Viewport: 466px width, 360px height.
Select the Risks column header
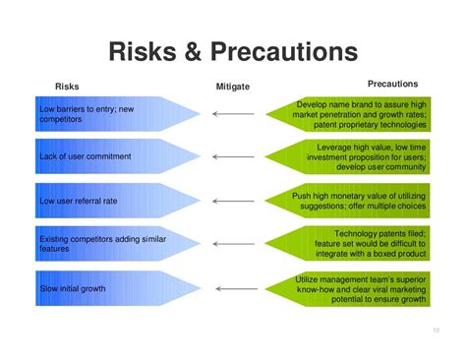click(67, 87)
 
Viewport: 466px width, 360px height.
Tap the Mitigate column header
click(232, 87)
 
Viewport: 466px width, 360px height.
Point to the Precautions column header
click(392, 85)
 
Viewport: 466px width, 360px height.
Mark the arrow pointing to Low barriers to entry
click(234, 114)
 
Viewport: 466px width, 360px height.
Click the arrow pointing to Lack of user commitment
click(234, 157)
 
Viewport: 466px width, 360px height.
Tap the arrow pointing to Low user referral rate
click(234, 201)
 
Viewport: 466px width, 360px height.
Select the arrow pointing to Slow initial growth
click(234, 288)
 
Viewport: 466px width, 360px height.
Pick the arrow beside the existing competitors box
click(234, 245)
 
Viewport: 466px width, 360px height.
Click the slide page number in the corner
click(437, 330)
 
